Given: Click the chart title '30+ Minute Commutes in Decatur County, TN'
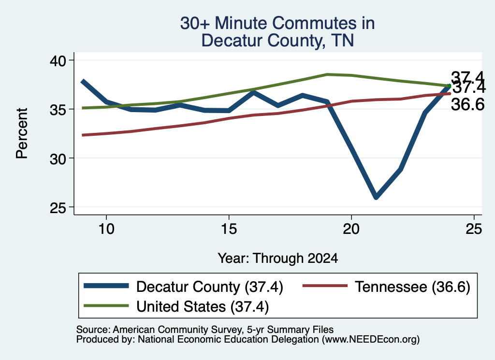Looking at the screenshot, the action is (x=277, y=31).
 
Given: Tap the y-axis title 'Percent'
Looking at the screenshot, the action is (x=22, y=133).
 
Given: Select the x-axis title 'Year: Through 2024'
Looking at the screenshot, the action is (x=278, y=259).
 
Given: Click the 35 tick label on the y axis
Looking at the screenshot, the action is (x=58, y=109).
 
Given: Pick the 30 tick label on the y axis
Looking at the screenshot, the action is (x=58, y=158).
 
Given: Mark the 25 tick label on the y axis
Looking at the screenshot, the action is (x=58, y=207).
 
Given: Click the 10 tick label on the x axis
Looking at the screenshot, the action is (x=106, y=229).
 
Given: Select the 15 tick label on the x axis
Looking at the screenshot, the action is (x=229, y=229).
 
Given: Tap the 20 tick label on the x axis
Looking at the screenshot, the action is (x=351, y=229).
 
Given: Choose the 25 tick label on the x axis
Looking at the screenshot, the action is (x=474, y=229).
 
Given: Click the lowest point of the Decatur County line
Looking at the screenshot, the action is (x=376, y=197).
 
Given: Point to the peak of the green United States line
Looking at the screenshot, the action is (x=327, y=74).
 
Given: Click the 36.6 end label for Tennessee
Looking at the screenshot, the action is (x=467, y=104).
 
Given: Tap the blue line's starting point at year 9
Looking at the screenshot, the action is (x=83, y=81).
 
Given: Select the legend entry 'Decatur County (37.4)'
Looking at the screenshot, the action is (x=183, y=287).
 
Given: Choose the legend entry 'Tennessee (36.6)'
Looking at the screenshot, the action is (x=386, y=287).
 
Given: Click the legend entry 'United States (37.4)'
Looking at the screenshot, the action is (x=176, y=306).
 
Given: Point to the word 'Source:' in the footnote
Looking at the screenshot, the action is (x=93, y=330).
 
